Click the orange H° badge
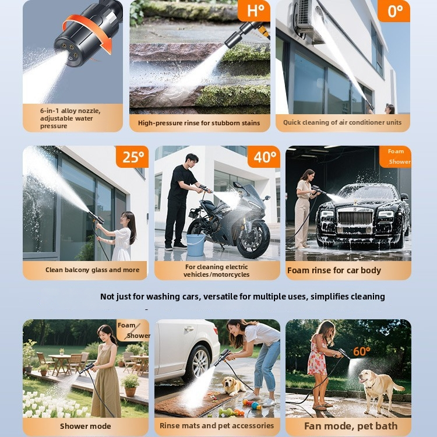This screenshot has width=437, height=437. pos(254,10)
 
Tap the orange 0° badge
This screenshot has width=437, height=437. pos(394,11)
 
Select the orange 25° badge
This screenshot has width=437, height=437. pos(132,157)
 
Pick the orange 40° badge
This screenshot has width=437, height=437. pos(264,157)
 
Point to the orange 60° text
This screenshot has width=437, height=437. pos(361,351)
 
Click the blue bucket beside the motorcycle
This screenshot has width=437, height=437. pos(195,245)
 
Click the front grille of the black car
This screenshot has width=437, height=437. pos(355,218)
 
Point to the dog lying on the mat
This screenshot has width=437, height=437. pos(233,386)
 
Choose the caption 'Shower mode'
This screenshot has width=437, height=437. pos(85,426)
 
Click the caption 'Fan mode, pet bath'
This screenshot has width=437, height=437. pos(351,426)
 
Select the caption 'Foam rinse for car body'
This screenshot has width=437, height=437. pos(334,270)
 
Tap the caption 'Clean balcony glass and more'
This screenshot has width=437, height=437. pos(92,270)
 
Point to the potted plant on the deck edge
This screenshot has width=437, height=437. pos(130,385)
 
